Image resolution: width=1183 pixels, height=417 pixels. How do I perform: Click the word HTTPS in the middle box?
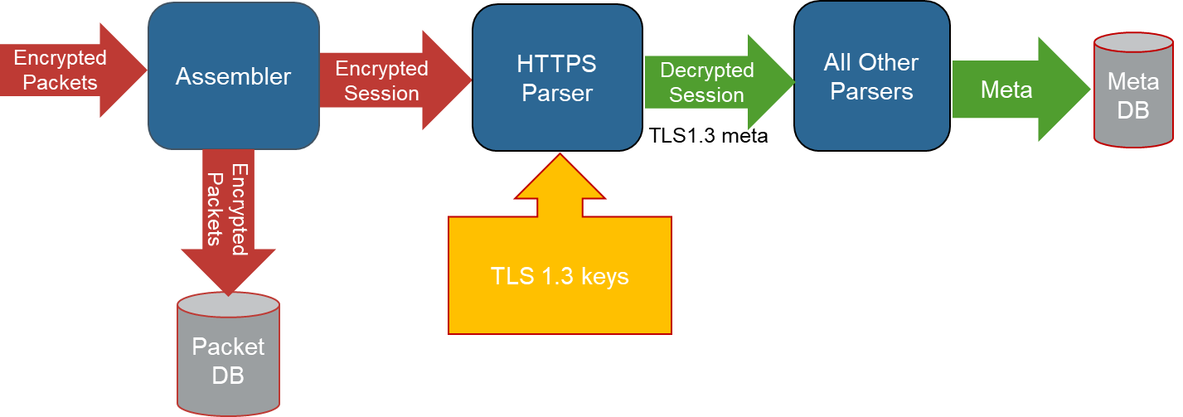pos(556,64)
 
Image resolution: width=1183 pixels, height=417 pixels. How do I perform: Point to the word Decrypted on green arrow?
pos(706,70)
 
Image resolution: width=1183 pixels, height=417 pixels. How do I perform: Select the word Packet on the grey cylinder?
pos(228,347)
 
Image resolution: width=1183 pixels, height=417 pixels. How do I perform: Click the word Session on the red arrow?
pos(381,93)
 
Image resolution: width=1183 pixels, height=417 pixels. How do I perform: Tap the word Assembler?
pos(233,77)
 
